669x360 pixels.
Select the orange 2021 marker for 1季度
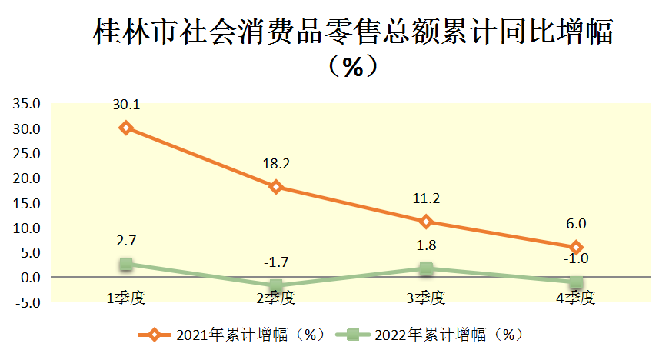click(126, 128)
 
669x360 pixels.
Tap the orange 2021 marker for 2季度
click(276, 187)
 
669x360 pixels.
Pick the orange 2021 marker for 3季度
click(426, 222)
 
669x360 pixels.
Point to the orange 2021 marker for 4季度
click(576, 248)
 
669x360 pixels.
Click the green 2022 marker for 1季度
click(126, 264)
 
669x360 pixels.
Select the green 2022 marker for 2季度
click(276, 286)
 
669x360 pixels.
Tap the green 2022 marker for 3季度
click(426, 268)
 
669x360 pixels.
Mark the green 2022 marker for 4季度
click(576, 282)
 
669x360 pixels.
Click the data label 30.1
click(126, 105)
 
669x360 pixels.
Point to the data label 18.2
click(276, 164)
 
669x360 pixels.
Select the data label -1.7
click(276, 263)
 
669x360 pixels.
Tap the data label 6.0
click(576, 224)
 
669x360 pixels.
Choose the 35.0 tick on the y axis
click(28, 104)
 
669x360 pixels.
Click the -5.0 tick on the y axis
click(28, 302)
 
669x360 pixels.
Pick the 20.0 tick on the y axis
click(28, 178)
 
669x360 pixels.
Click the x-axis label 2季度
click(276, 298)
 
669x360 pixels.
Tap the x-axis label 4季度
click(576, 298)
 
